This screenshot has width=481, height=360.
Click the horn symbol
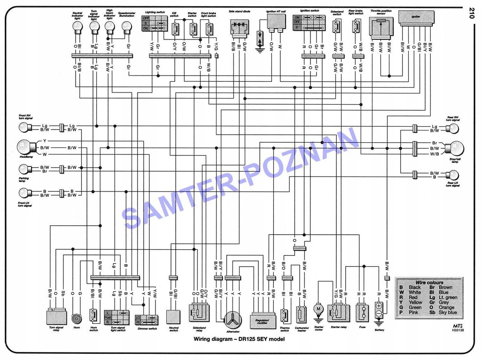click(77, 318)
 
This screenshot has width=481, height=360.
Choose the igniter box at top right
click(416, 17)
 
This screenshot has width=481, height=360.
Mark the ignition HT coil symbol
click(277, 22)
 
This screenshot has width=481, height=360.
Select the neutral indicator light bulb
click(77, 27)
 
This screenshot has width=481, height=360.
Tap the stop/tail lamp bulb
click(455, 148)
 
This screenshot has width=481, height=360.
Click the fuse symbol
click(362, 312)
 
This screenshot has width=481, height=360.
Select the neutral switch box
click(173, 316)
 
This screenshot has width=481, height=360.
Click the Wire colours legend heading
click(429, 283)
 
